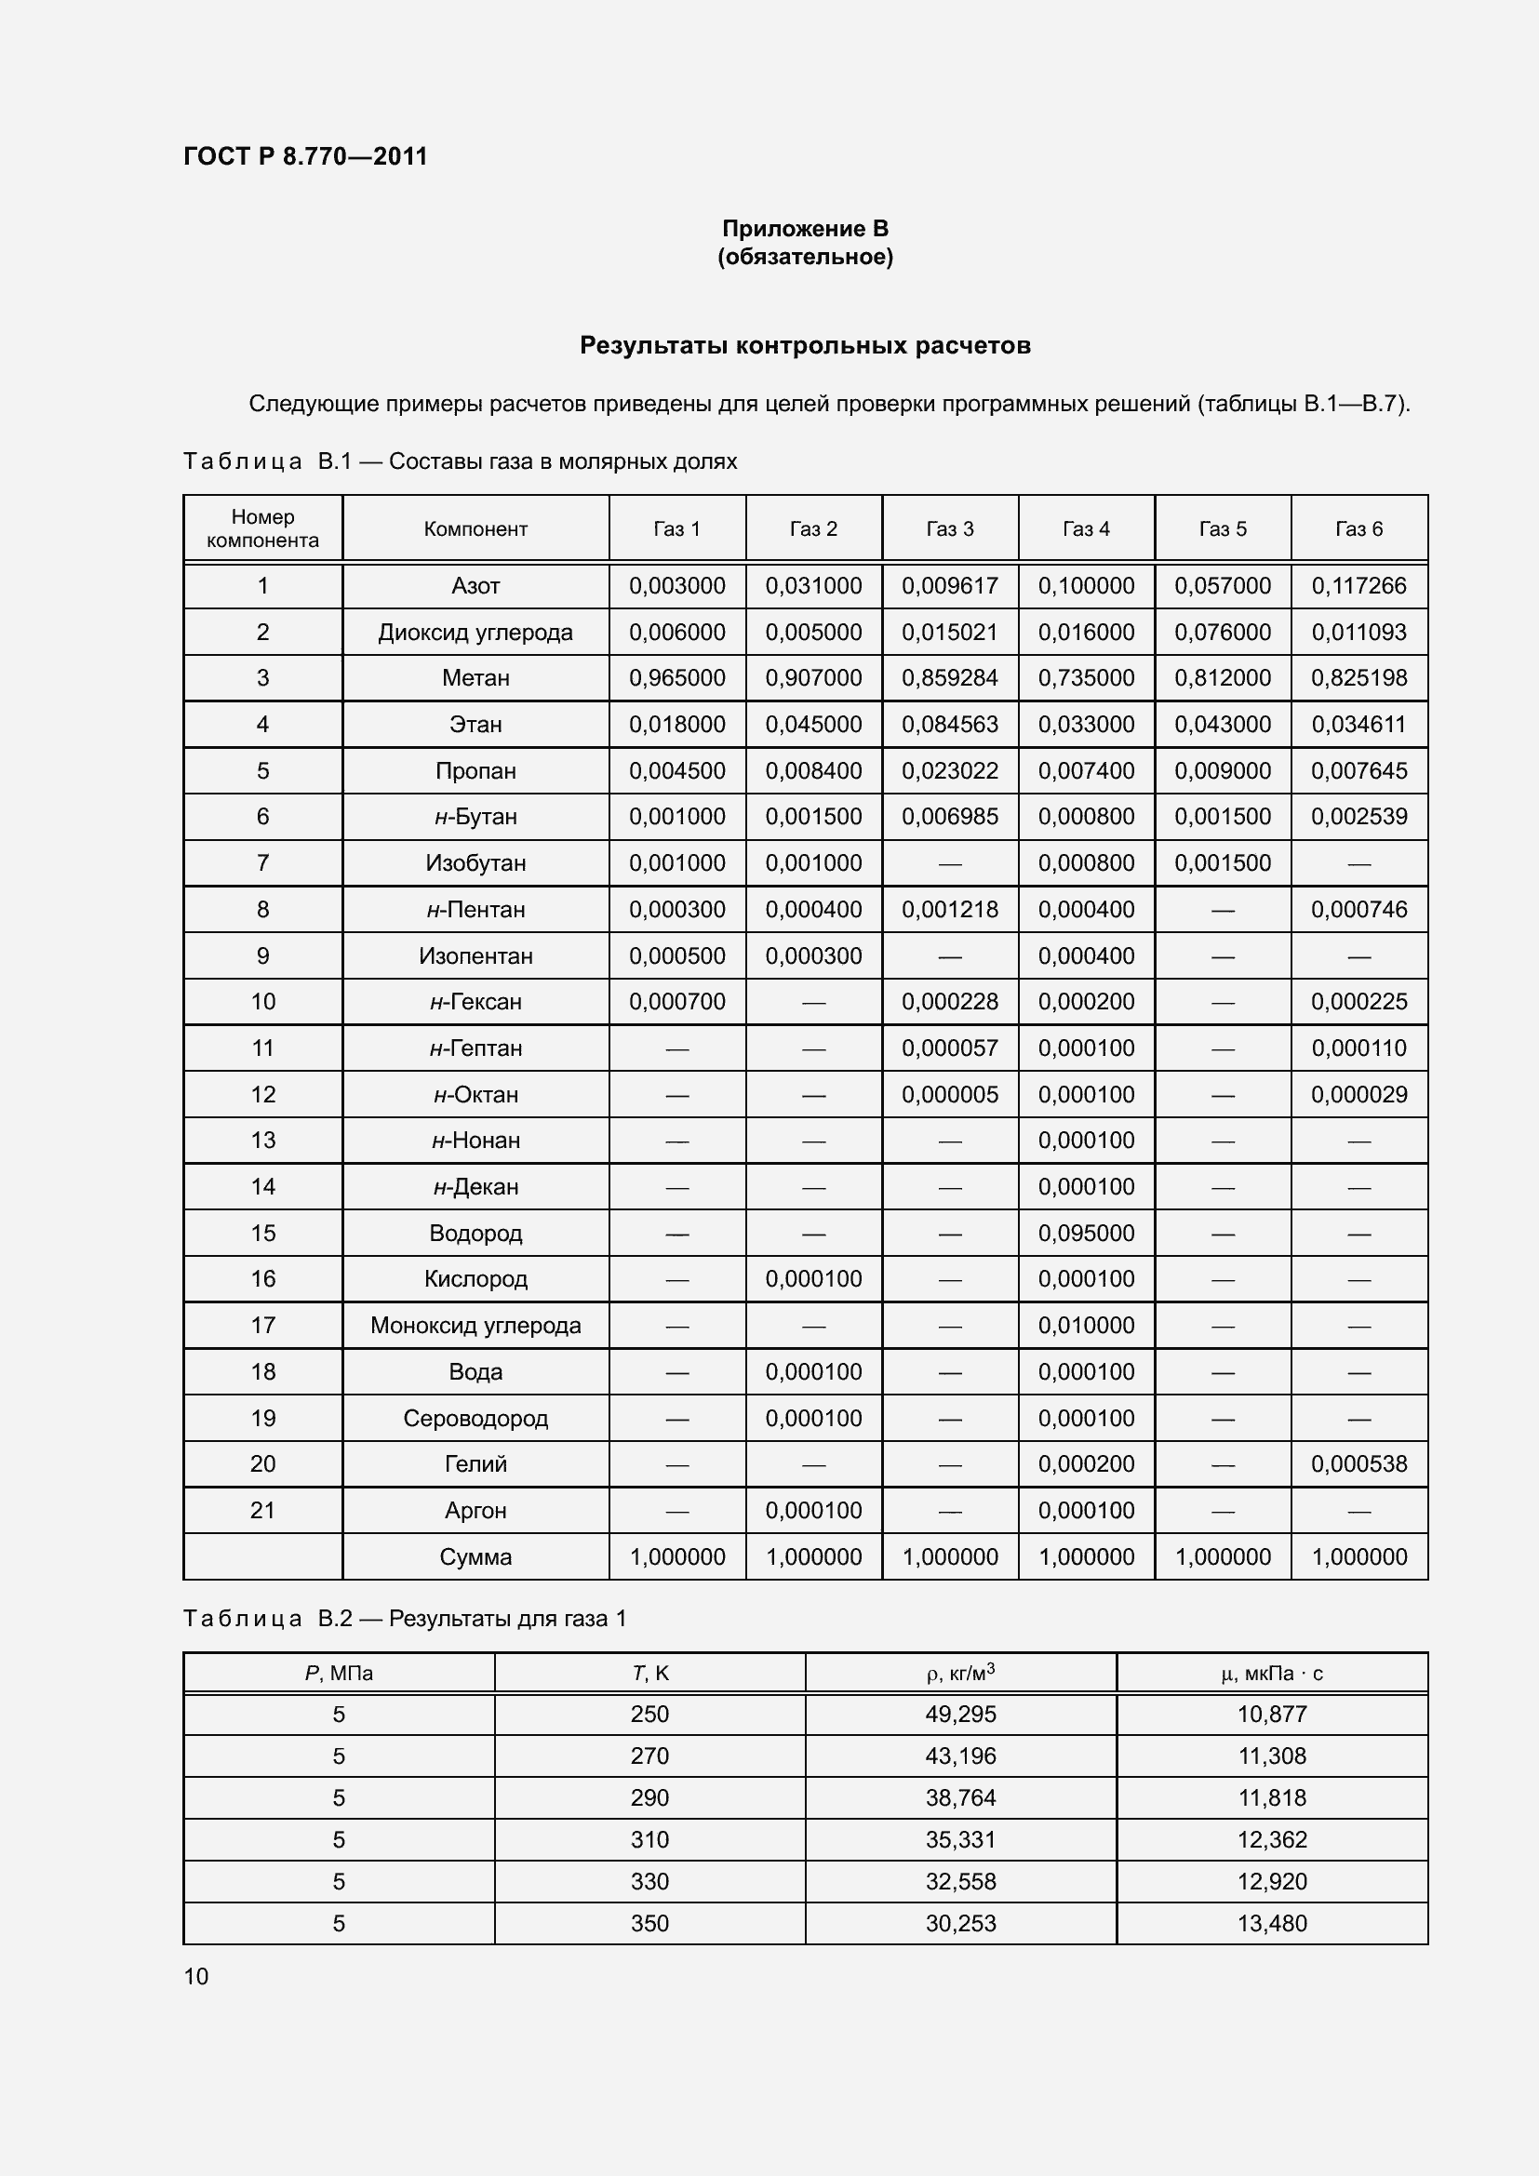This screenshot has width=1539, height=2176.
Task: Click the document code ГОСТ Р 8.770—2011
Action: tap(305, 156)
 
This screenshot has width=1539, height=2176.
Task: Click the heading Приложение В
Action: tap(805, 229)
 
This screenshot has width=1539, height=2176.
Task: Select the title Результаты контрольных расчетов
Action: tap(805, 345)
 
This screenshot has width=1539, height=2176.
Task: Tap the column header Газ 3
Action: tap(950, 528)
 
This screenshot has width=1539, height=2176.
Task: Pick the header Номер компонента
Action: tap(262, 528)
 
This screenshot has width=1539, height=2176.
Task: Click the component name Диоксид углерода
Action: tap(475, 632)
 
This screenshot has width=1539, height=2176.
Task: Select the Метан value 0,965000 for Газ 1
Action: tap(676, 677)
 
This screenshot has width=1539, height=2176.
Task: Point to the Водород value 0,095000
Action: tap(1086, 1233)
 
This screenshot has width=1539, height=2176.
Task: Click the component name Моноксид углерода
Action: tap(475, 1325)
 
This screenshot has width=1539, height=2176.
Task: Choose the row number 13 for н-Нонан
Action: tap(262, 1141)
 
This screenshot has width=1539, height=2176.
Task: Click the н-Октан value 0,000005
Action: tap(950, 1095)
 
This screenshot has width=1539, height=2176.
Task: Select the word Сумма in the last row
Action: tap(475, 1556)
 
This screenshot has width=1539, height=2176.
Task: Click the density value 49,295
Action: tap(960, 1714)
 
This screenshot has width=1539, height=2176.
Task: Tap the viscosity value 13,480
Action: tap(1272, 1923)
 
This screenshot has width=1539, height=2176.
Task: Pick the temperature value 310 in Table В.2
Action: tap(649, 1839)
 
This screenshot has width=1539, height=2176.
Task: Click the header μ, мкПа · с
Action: tap(1272, 1674)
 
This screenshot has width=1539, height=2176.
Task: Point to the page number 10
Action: tap(196, 1976)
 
